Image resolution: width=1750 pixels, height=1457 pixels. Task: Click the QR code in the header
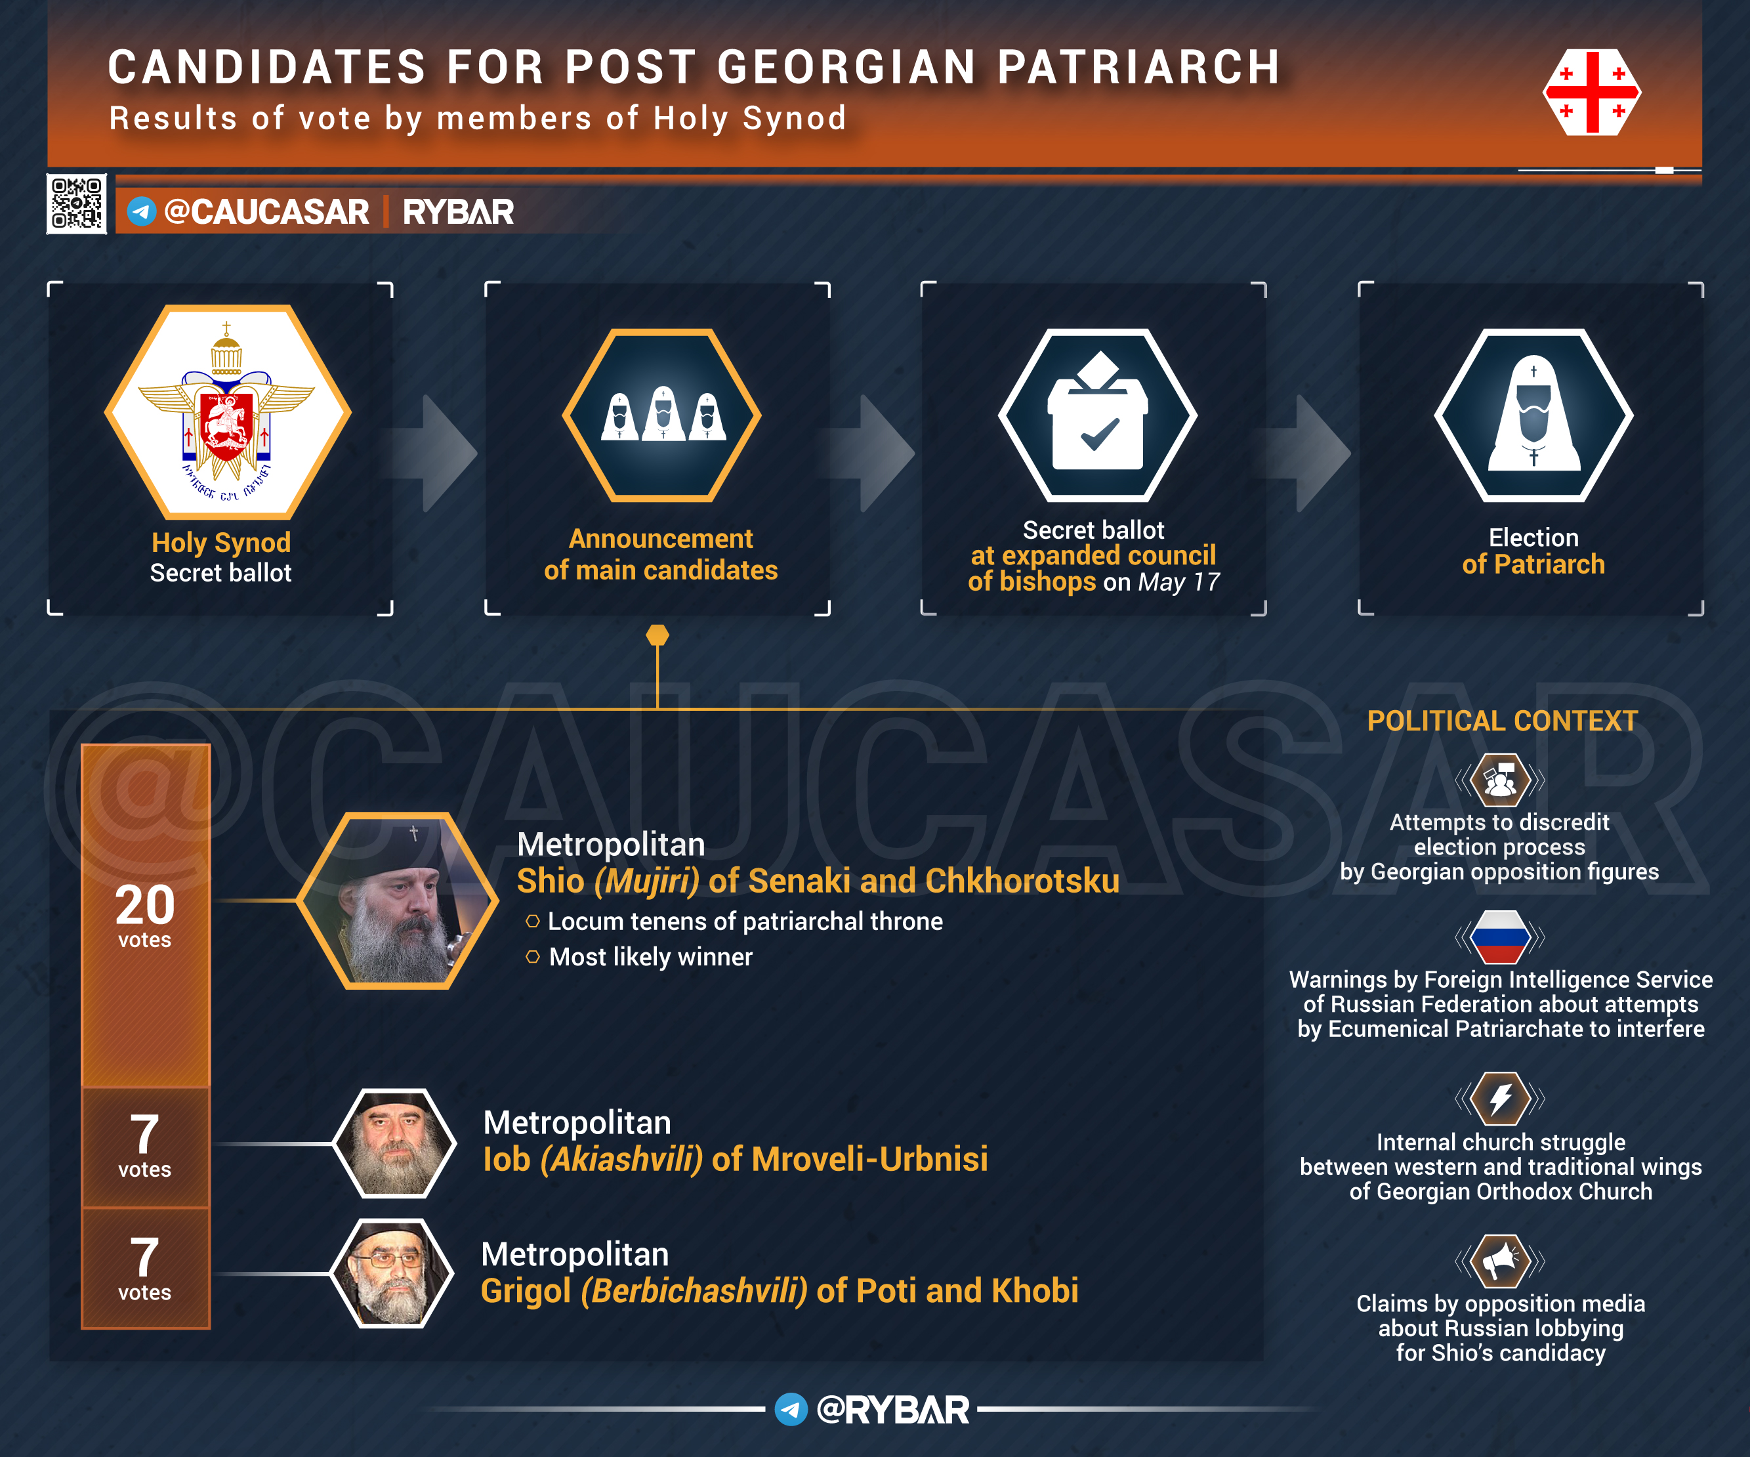(77, 203)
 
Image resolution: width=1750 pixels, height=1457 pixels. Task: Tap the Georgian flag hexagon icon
(1592, 92)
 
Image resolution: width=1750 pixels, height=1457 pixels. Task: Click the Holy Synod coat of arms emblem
(226, 412)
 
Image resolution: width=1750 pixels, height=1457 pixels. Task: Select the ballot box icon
(1098, 415)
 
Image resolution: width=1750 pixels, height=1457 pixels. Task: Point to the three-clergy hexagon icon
(661, 415)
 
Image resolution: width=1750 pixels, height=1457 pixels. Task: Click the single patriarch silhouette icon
(1533, 415)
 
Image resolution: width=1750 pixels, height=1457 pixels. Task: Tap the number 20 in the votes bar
(145, 904)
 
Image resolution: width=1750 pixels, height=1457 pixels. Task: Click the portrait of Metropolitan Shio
(398, 901)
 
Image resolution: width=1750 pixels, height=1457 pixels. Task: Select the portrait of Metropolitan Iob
(394, 1143)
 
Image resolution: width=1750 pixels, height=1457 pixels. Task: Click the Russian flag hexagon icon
(1500, 937)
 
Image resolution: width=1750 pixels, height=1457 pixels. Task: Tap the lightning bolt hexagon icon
(1500, 1099)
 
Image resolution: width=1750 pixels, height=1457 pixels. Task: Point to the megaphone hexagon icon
(1500, 1261)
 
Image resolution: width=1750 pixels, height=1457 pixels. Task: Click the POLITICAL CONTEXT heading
(1503, 721)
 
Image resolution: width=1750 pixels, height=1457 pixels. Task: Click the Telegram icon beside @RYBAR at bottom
(791, 1410)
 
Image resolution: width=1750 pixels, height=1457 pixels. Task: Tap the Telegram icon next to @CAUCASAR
(142, 211)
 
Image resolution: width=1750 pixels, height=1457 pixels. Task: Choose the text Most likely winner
(651, 957)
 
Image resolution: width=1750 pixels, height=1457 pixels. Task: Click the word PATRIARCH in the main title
(1139, 67)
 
